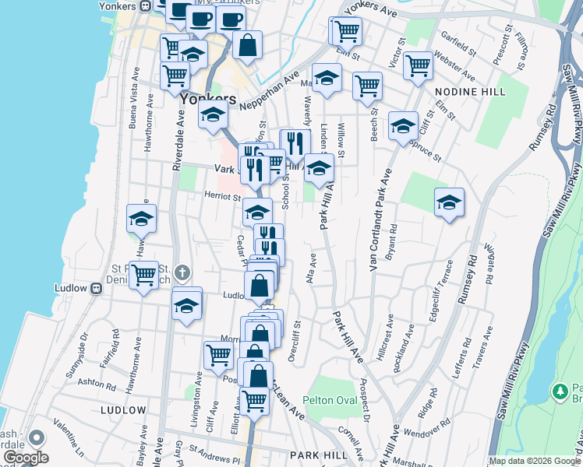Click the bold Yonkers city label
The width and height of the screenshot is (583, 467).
coord(207,100)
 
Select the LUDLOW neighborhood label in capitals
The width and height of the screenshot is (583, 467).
coord(123,409)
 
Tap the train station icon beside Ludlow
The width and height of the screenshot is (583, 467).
coord(96,288)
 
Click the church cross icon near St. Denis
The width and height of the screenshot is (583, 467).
coord(182,272)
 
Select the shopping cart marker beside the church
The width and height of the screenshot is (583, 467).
coord(143,275)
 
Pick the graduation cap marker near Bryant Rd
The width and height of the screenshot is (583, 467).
coord(449,202)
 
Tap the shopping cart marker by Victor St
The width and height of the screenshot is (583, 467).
coord(418,65)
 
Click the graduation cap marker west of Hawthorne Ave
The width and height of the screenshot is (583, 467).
coord(141,219)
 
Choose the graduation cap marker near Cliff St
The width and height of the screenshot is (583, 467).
coord(403,125)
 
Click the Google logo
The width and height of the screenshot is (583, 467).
coord(25,458)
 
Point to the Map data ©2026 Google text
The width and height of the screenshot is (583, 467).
coord(535,461)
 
